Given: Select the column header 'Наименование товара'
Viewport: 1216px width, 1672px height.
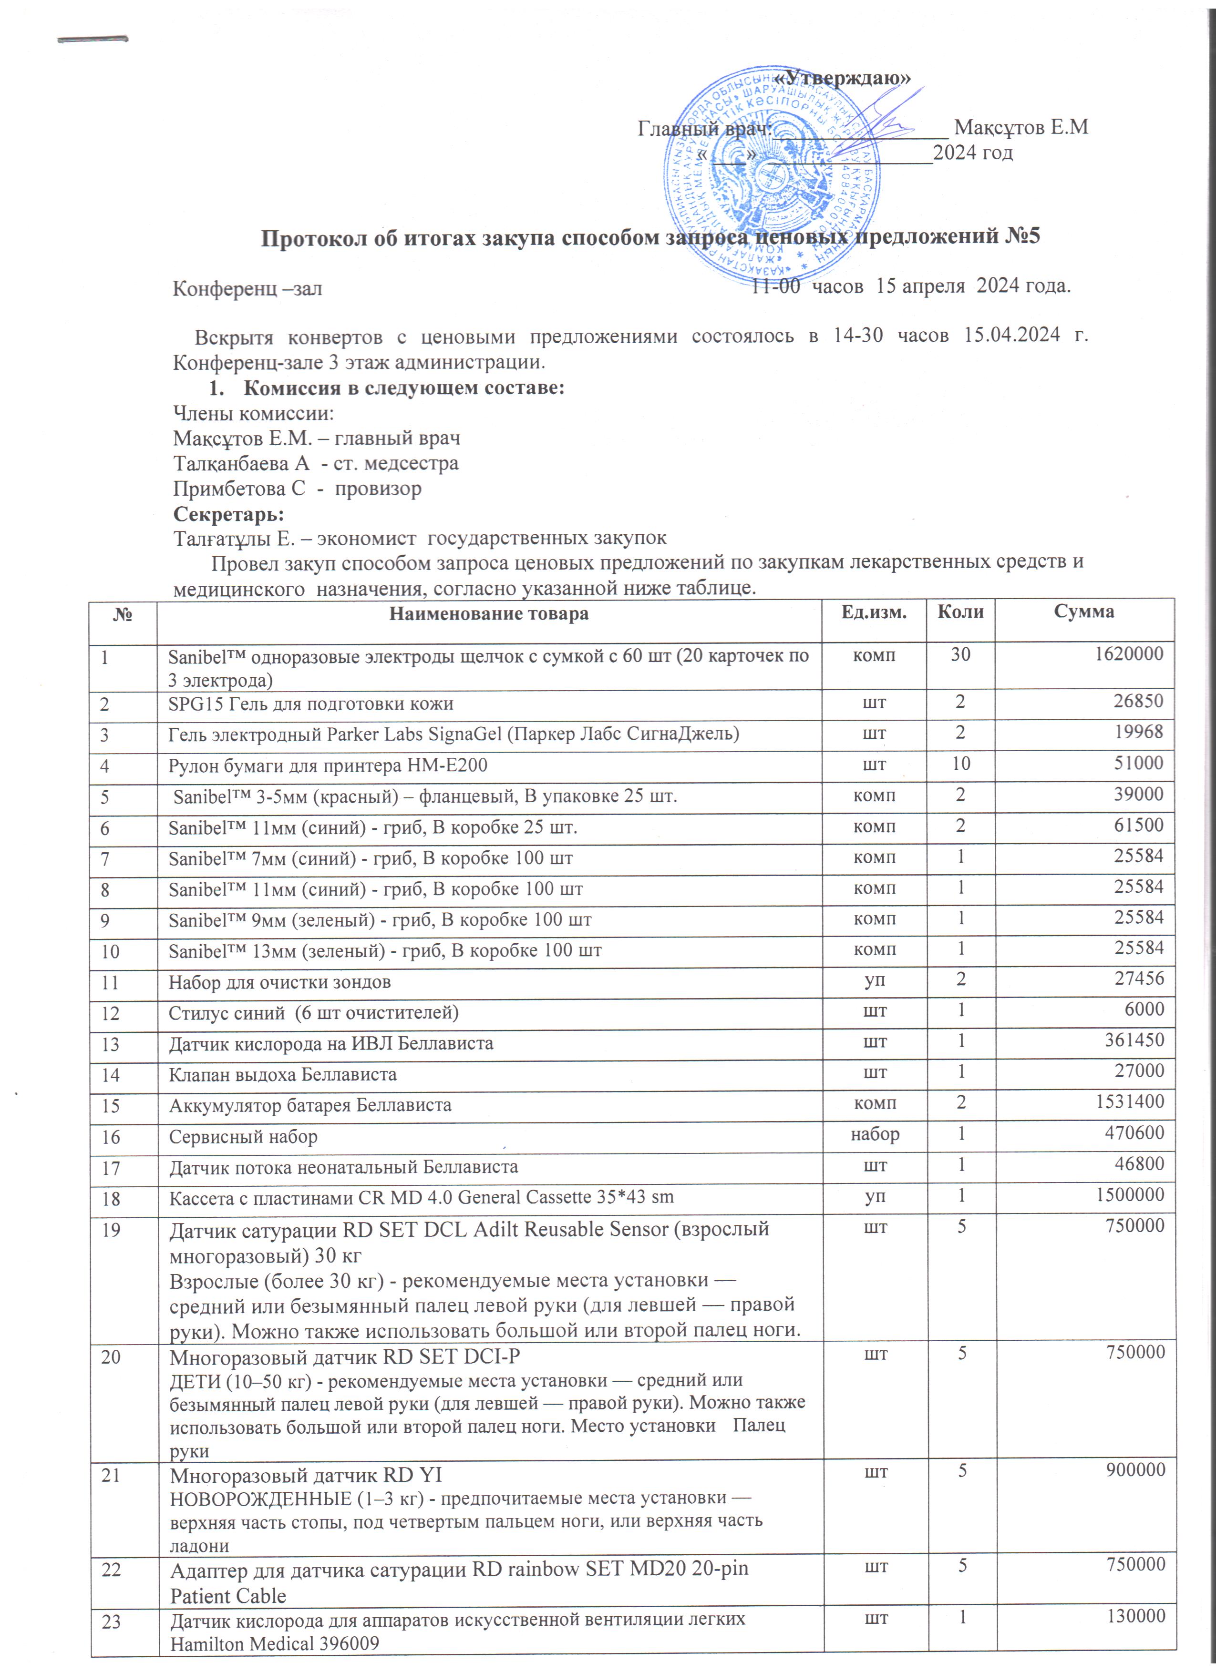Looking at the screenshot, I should tap(488, 613).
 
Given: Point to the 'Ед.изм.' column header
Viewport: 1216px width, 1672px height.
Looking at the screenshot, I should tap(874, 612).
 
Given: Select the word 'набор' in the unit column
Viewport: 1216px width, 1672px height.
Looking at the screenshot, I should tap(875, 1133).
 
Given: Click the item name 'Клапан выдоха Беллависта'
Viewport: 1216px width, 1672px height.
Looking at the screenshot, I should tap(282, 1074).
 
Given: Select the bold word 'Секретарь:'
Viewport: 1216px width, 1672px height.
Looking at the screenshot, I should tap(228, 513).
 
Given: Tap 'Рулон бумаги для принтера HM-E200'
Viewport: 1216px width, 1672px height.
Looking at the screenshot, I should tap(328, 765).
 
